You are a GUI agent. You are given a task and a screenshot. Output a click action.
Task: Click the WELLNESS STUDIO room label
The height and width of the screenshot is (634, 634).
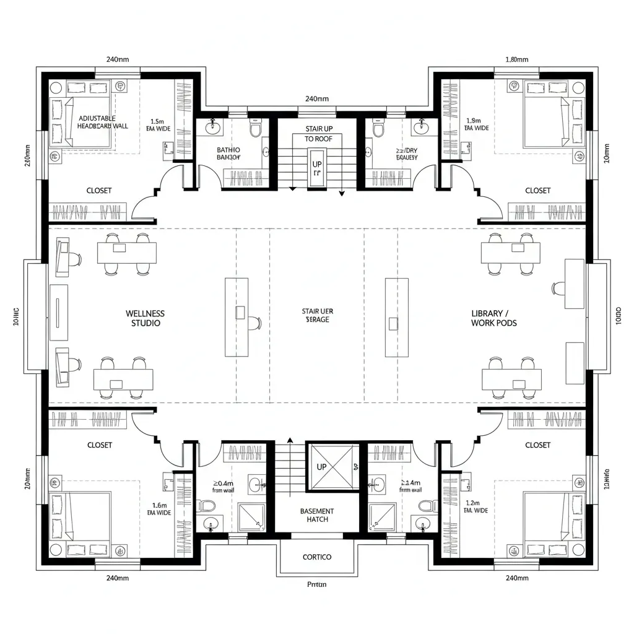[x=145, y=318]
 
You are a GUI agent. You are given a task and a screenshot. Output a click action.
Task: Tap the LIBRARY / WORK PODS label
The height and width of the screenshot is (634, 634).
[x=493, y=318]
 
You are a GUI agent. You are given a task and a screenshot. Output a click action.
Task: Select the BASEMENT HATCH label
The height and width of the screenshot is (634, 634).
[x=317, y=515]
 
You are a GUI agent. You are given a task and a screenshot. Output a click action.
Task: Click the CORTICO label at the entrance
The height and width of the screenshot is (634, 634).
[x=317, y=557]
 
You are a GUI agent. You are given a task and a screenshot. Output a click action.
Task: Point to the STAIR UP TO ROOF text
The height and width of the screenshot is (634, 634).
[x=318, y=134]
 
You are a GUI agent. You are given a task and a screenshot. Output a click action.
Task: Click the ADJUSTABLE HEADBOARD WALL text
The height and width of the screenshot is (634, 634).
[x=103, y=121]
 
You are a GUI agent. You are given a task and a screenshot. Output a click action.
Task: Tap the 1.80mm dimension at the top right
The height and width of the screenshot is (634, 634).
[x=516, y=60]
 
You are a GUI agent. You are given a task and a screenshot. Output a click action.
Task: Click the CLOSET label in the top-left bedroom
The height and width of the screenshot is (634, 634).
[x=99, y=191]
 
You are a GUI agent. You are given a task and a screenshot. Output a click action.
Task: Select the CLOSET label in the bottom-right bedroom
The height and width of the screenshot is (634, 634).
[x=537, y=445]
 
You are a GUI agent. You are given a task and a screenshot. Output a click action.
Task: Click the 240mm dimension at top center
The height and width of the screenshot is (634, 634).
[x=317, y=98]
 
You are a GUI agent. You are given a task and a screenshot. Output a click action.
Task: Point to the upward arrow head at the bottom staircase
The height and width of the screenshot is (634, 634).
[x=289, y=441]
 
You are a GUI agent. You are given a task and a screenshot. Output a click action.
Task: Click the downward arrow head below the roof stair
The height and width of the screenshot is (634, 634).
[x=341, y=193]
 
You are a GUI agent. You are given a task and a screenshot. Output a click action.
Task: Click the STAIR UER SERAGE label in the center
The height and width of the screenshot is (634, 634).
[x=317, y=315]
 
